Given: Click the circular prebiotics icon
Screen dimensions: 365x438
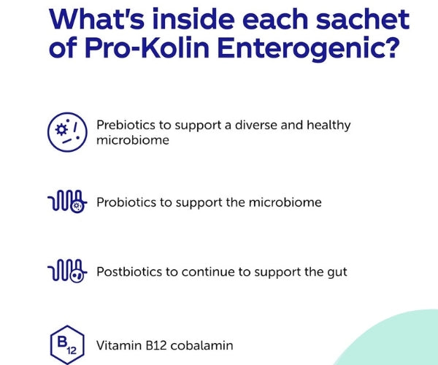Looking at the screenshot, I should click(66, 131).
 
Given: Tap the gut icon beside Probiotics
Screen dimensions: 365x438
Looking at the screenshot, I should click(66, 202).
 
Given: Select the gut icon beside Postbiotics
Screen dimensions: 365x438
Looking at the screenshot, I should click(66, 272).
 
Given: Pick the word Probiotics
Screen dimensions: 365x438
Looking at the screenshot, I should click(126, 202).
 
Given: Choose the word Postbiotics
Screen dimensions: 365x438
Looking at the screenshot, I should click(128, 272).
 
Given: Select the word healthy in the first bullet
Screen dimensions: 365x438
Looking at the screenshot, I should click(326, 125).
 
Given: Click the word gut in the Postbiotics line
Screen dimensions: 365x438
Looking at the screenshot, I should click(336, 272).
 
